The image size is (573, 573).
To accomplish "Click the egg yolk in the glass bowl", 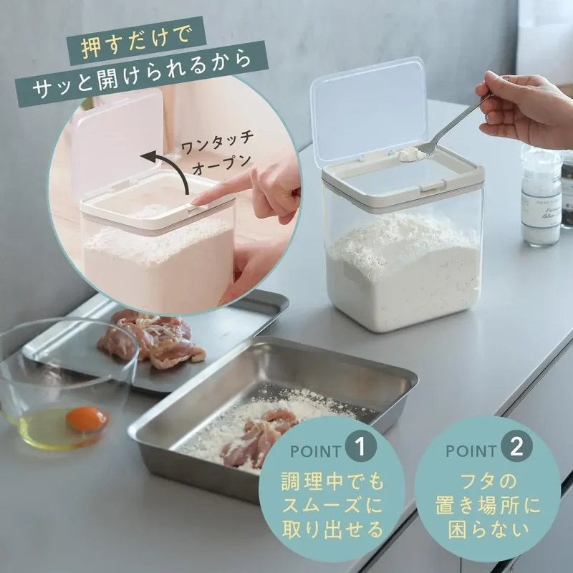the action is pyautogui.click(x=87, y=418).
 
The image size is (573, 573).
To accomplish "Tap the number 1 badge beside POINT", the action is pyautogui.click(x=361, y=446).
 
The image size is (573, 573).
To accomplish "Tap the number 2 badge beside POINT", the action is pyautogui.click(x=516, y=446).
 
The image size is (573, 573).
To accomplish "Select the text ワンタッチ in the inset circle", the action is pyautogui.click(x=218, y=143).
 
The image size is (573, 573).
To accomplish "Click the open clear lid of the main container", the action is pyautogui.click(x=369, y=112).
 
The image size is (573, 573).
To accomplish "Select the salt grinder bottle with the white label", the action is pyautogui.click(x=541, y=196).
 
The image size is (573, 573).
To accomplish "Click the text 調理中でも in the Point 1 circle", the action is pyautogui.click(x=332, y=481).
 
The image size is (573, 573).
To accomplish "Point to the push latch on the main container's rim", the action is pyautogui.click(x=430, y=186).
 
